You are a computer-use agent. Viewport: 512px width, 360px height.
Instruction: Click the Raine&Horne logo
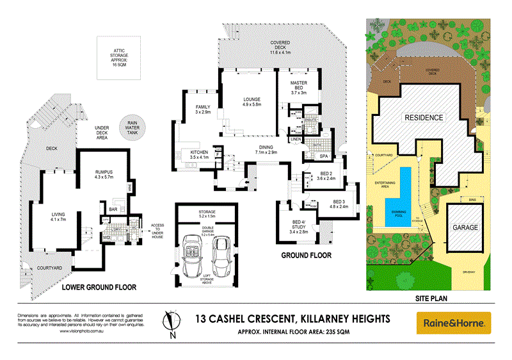tap(454, 323)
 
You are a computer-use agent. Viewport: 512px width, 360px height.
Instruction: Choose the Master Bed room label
tap(299, 88)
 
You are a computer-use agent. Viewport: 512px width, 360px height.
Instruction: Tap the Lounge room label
tap(250, 102)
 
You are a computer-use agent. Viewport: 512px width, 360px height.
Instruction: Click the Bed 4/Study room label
tap(299, 225)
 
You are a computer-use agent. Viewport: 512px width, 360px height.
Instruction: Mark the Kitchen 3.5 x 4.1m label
tap(200, 154)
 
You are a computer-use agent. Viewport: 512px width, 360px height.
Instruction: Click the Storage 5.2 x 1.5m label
tap(206, 214)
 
